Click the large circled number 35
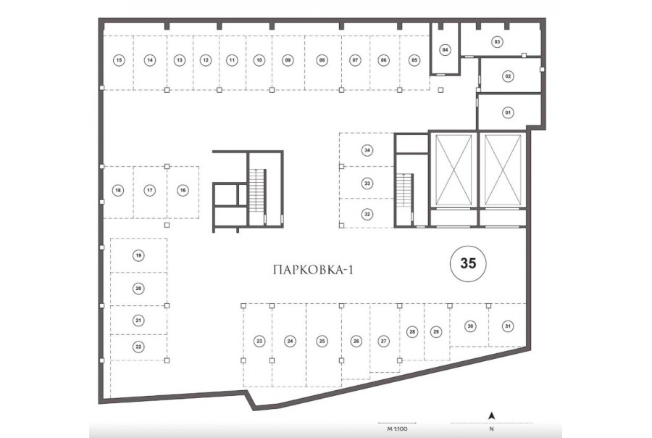tap(468, 263)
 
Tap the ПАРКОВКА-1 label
tap(314, 270)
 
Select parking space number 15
tap(120, 60)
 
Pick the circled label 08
tap(322, 60)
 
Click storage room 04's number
tap(446, 50)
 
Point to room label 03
tap(497, 41)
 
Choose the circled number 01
tap(508, 112)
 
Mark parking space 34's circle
tap(367, 150)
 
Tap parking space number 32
tap(367, 215)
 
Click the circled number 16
tap(183, 190)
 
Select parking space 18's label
tap(118, 190)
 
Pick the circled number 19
tap(138, 255)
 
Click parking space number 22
tap(138, 347)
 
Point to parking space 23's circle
tap(259, 342)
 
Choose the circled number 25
tap(322, 342)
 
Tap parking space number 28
tap(412, 332)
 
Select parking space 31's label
tap(508, 326)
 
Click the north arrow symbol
tap(491, 415)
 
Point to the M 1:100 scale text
tap(397, 429)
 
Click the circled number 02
tap(508, 76)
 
